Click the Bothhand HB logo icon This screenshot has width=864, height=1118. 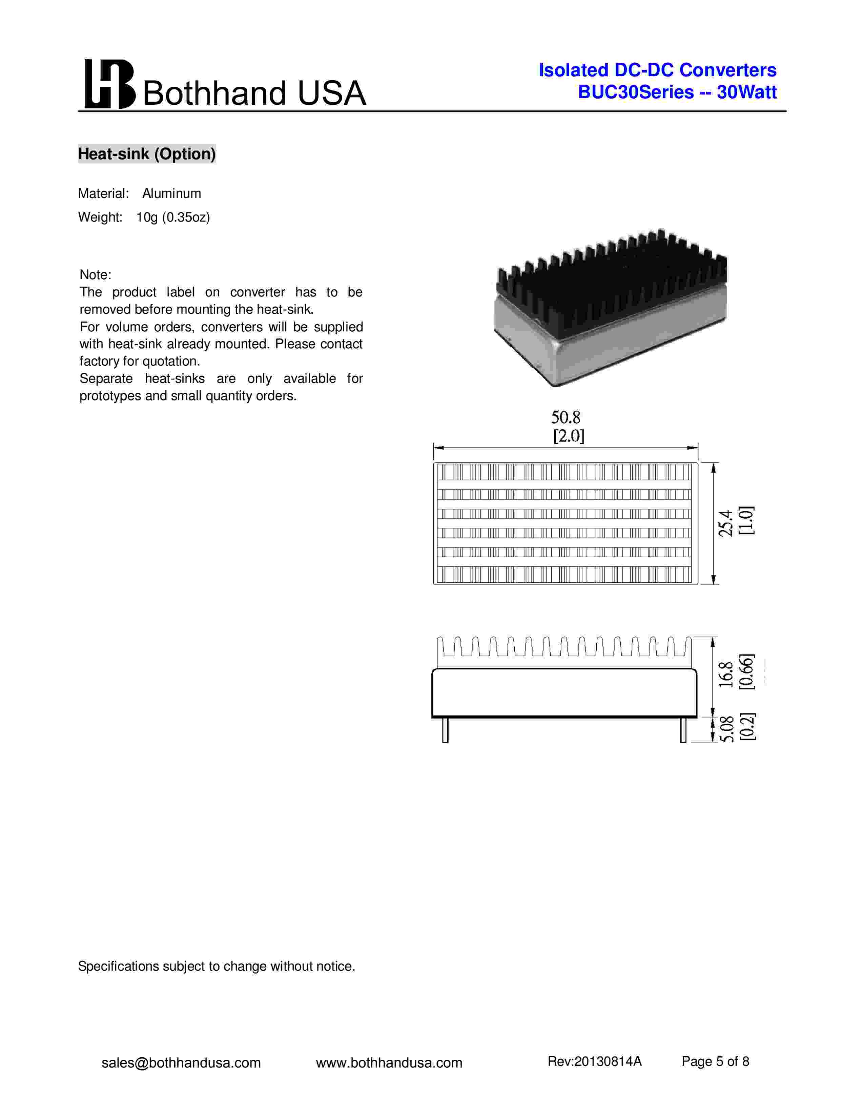[109, 84]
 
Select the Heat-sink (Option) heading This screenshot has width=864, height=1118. [147, 153]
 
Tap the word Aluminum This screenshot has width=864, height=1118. [171, 193]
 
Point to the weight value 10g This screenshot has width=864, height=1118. [147, 218]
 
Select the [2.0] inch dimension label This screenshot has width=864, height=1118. [569, 436]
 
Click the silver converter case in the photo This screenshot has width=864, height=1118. [609, 340]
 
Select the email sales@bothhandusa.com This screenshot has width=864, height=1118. [181, 1063]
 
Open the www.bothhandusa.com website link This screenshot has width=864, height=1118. [389, 1063]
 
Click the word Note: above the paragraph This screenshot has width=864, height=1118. [95, 275]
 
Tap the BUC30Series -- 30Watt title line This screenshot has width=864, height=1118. [677, 92]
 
